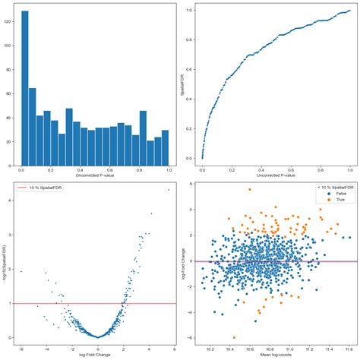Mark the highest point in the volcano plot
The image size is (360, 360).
169,190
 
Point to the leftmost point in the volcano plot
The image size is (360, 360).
21,271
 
